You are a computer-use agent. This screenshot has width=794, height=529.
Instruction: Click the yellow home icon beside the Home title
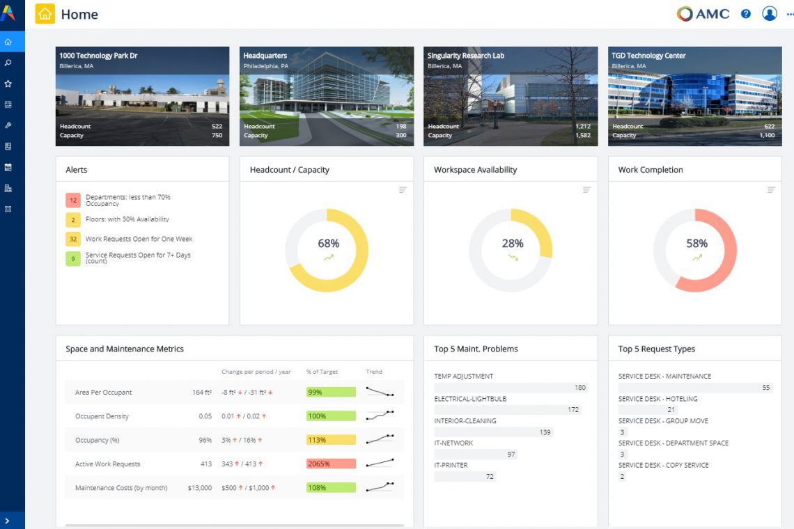[45, 14]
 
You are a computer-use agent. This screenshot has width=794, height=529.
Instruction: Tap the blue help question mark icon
[746, 14]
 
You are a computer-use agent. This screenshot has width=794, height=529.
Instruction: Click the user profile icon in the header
[769, 14]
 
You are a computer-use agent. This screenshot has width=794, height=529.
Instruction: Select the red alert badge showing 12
[73, 200]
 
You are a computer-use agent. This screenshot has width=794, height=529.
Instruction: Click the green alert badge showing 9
[73, 259]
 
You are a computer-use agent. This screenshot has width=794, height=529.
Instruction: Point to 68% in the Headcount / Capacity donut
[328, 244]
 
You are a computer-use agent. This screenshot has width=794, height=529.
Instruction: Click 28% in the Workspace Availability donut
[513, 244]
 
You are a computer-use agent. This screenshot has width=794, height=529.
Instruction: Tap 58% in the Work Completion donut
[696, 244]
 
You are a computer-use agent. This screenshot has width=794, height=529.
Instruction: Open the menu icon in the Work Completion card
[771, 190]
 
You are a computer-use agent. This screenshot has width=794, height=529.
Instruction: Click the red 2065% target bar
[331, 464]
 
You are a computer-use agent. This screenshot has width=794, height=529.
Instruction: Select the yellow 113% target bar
[331, 440]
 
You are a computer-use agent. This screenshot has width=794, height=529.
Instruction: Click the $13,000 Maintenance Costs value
[200, 488]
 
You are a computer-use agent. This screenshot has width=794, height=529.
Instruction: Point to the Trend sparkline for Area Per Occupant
[380, 392]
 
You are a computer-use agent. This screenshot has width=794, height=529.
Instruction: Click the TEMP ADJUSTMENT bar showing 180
[511, 388]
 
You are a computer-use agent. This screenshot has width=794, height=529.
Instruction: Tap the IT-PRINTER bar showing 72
[465, 477]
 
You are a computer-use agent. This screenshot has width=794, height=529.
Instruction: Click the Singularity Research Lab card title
[466, 56]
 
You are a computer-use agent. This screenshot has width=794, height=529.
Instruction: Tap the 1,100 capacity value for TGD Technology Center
[766, 135]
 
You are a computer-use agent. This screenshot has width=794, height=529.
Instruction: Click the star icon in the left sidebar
[8, 84]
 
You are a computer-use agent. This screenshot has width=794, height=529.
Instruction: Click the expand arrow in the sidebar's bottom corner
[8, 521]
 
